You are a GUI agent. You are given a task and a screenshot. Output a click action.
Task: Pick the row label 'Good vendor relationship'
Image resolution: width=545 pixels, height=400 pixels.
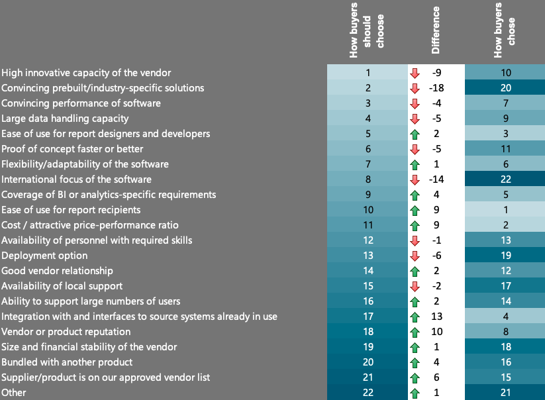coord(57,271)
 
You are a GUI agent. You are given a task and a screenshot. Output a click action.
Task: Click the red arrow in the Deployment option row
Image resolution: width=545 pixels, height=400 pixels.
coord(415,256)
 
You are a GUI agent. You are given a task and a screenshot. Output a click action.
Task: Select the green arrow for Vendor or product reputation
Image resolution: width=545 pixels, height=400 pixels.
coord(415,332)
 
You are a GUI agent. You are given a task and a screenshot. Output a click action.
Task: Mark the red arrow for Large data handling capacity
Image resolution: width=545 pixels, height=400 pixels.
coord(415,119)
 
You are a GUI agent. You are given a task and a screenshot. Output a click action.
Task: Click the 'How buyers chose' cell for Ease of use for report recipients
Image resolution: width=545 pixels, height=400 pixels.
coord(505,210)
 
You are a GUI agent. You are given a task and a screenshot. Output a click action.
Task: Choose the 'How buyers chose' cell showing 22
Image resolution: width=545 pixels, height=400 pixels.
coord(505,179)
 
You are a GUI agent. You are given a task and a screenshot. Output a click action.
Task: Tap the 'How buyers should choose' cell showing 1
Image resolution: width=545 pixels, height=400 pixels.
coord(368,73)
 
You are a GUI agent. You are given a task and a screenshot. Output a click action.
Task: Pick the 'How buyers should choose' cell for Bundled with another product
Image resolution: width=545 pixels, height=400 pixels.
coord(368,362)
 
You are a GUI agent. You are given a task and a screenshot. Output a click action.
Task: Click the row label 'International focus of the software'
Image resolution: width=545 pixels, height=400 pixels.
coord(76,179)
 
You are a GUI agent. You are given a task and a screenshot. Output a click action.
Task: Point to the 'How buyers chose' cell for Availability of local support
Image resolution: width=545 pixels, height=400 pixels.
coord(505,286)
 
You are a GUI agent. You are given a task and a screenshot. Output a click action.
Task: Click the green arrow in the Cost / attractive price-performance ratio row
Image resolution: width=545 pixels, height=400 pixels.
coord(415,225)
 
